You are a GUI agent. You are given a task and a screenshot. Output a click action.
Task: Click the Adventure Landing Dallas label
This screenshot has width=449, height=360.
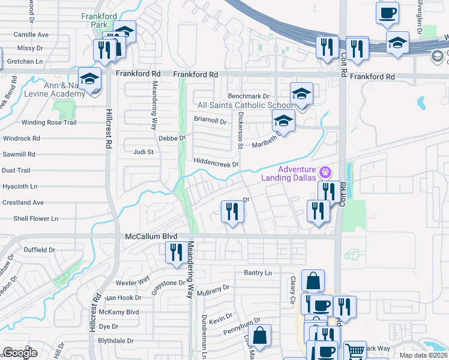[x=287, y=173]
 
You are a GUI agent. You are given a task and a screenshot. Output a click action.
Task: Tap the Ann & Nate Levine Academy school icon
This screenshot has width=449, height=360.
[x=90, y=80]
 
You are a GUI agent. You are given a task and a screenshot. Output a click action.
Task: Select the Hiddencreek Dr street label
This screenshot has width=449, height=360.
[x=216, y=163]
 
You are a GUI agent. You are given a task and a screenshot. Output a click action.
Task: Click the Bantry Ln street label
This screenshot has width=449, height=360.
[x=258, y=273]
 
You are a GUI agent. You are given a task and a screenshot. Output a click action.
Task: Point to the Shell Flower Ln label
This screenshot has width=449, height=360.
[x=36, y=218]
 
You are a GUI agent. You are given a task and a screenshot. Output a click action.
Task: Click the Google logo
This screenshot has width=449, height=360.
[x=20, y=353]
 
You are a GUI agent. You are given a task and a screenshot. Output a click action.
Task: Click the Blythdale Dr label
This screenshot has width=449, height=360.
[x=116, y=340]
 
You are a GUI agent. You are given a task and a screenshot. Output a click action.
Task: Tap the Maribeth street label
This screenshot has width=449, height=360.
[x=267, y=142]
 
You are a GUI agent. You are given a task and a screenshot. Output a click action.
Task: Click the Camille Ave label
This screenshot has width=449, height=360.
[x=31, y=35]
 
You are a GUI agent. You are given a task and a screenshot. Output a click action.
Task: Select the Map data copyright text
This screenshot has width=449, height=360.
[x=423, y=355]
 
